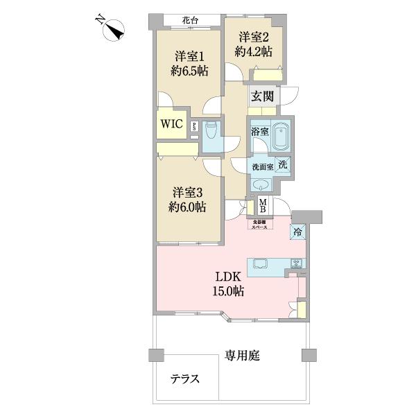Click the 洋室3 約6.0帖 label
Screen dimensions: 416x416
tap(189, 199)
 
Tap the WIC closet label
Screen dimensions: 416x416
tap(171, 125)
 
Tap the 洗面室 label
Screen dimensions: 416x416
tap(261, 166)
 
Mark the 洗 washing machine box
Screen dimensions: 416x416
tap(283, 165)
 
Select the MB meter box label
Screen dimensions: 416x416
tap(264, 206)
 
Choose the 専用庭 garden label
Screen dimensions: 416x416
tap(242, 356)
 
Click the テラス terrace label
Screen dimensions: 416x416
tap(186, 379)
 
